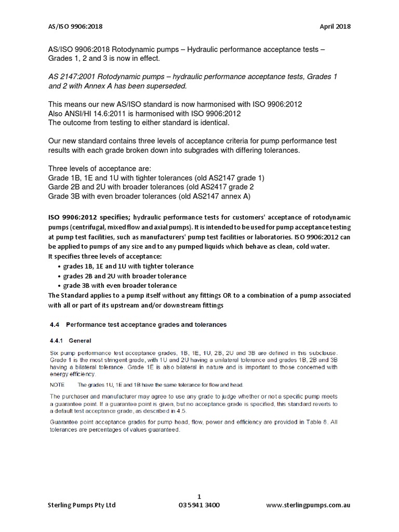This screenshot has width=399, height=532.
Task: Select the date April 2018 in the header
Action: [x=336, y=26]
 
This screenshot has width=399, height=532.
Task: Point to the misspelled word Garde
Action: [x=59, y=187]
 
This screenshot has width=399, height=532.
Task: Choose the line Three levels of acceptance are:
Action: [x=99, y=168]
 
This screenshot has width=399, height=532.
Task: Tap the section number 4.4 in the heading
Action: [x=54, y=325]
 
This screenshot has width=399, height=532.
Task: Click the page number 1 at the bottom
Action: [x=199, y=495]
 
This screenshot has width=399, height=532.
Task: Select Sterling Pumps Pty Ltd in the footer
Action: [x=82, y=505]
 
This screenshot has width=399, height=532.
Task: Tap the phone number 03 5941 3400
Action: [x=199, y=505]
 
